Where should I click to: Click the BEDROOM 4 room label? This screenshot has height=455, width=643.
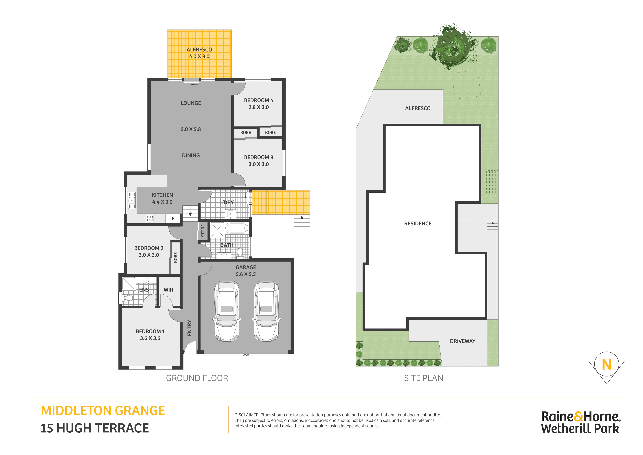[x=258, y=100]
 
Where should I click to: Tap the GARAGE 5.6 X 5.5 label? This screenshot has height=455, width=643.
[x=246, y=271]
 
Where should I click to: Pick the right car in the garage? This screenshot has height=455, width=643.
[x=266, y=312]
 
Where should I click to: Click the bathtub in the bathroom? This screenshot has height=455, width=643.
[x=237, y=228]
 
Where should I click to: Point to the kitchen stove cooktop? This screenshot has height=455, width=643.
[x=150, y=218]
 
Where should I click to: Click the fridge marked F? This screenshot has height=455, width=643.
[x=173, y=218]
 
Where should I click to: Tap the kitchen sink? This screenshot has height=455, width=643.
[x=132, y=200]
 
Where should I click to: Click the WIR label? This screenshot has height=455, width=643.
[x=168, y=290]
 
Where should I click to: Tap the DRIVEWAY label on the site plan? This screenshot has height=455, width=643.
[x=463, y=341]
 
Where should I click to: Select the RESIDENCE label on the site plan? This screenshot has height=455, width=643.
[x=418, y=223]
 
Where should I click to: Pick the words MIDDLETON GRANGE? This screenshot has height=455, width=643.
[x=103, y=411]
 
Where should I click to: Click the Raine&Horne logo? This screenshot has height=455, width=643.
[x=580, y=422]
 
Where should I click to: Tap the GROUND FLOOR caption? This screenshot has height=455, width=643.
[x=197, y=378]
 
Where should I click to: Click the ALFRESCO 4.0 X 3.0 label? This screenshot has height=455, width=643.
[x=199, y=53]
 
